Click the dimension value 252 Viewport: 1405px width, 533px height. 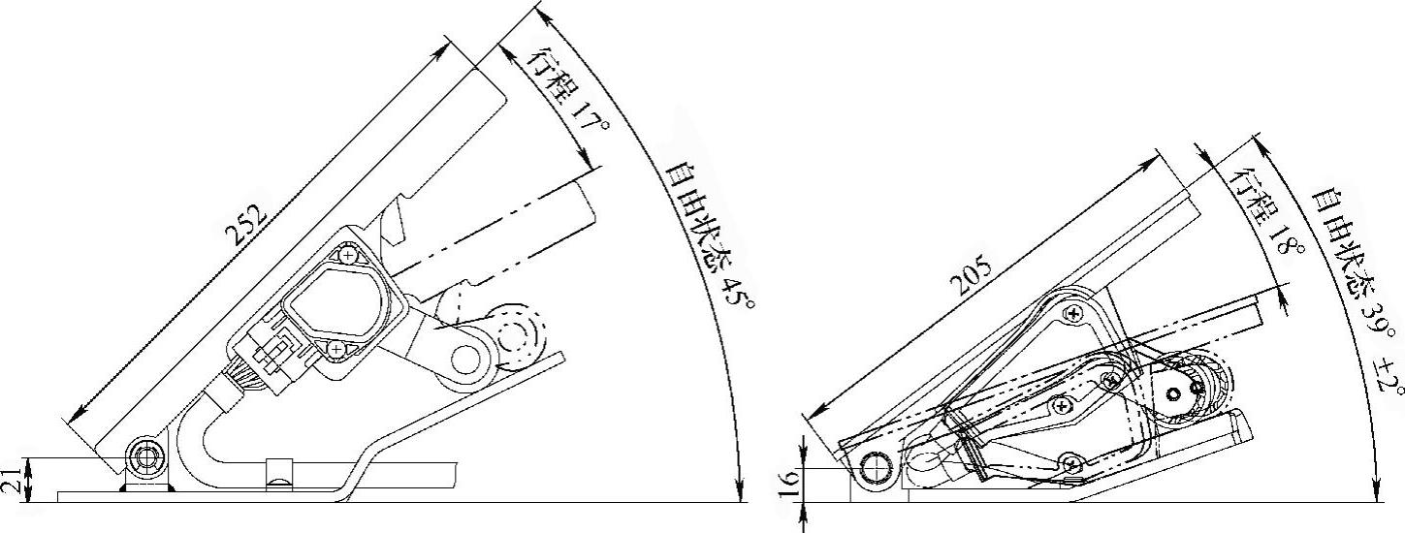point(246,224)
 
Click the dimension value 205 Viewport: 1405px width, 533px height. point(971,276)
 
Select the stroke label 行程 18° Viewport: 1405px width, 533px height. point(1257,212)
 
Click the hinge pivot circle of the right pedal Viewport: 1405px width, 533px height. point(877,469)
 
